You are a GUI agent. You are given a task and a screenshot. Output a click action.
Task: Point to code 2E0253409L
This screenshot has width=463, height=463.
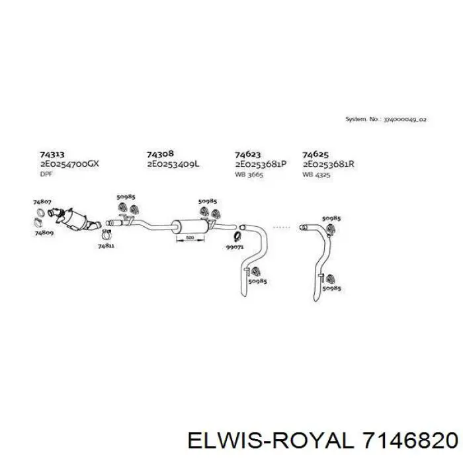[173, 163]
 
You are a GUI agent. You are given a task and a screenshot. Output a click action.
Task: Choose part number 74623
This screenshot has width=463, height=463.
[247, 153]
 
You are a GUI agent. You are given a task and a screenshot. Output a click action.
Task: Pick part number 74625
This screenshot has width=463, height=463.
[316, 153]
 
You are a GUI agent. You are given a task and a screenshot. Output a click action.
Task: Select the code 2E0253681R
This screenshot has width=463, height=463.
[329, 163]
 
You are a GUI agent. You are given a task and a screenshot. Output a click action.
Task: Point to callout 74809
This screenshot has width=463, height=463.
[45, 233]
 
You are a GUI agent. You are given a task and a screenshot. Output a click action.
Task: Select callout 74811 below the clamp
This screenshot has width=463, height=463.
[106, 246]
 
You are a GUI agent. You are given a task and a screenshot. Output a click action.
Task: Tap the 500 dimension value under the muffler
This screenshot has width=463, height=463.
[189, 237]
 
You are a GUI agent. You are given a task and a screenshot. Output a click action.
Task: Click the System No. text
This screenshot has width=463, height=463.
[386, 120]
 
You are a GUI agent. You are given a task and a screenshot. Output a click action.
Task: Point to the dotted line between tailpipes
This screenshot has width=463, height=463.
[282, 226]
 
